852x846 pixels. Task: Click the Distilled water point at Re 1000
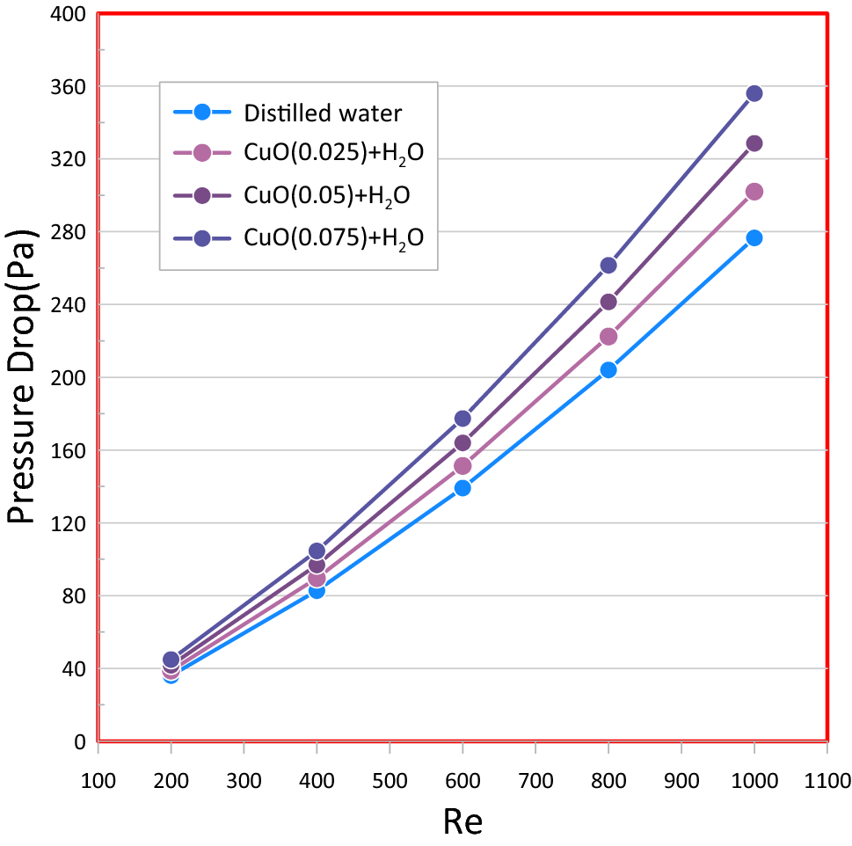[x=754, y=238]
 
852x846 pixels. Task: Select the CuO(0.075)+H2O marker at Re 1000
[x=754, y=93]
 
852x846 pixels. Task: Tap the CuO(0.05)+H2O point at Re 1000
[x=754, y=143]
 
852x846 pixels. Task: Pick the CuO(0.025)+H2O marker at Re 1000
[x=754, y=192]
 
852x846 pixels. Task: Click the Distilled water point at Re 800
[x=608, y=370]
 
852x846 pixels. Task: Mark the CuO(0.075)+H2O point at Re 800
[x=608, y=266]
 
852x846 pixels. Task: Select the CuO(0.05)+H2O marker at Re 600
[x=462, y=443]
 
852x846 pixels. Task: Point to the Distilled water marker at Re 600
[x=462, y=488]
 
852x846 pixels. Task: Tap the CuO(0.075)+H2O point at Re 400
[x=317, y=551]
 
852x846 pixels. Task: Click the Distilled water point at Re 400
[x=317, y=591]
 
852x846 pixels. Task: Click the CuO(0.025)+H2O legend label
[x=334, y=153]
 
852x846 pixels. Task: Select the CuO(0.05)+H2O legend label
[x=327, y=194]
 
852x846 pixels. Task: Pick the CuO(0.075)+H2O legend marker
[x=201, y=237]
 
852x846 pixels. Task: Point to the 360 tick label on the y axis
[x=68, y=87]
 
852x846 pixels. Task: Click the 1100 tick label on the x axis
[x=827, y=780]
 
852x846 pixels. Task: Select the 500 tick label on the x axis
[x=390, y=780]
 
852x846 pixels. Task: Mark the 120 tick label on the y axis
[x=68, y=523]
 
